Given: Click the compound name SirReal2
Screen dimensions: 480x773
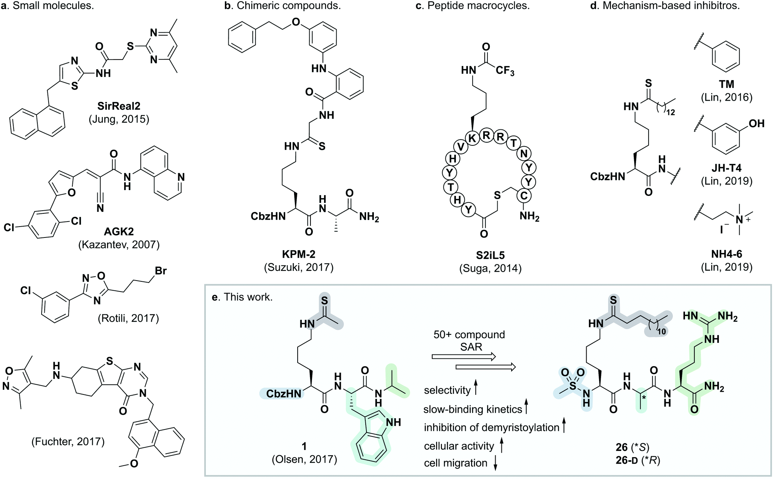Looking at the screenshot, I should click(119, 106).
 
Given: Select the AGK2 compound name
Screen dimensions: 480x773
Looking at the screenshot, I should click(119, 232).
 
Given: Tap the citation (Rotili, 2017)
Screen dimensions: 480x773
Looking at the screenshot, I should click(128, 318).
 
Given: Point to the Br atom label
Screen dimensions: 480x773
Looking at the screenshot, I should click(161, 271).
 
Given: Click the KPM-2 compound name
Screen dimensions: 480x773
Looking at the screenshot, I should click(299, 254).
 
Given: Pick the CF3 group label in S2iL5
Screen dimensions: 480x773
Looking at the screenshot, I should click(505, 71).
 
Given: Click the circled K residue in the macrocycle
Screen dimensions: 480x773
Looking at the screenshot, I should click(472, 138).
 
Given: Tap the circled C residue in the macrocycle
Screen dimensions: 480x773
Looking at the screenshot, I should click(524, 196).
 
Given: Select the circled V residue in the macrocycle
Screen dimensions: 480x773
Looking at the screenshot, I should click(461, 147).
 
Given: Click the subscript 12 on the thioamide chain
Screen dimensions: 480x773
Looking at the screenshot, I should click(670, 112).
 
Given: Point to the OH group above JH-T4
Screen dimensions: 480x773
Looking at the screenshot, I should click(756, 124).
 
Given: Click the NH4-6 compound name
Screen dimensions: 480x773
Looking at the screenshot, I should click(726, 254).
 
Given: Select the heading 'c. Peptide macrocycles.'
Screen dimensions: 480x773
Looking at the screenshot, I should click(473, 6).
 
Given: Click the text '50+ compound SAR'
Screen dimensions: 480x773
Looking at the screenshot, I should click(469, 340).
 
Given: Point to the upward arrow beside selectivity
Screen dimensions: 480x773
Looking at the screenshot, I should click(476, 389).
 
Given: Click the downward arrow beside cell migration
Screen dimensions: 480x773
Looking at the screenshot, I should click(495, 463).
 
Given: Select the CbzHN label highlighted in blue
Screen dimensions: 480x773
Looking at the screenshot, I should click(284, 394).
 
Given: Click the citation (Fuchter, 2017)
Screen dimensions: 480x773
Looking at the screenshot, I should click(68, 442).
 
